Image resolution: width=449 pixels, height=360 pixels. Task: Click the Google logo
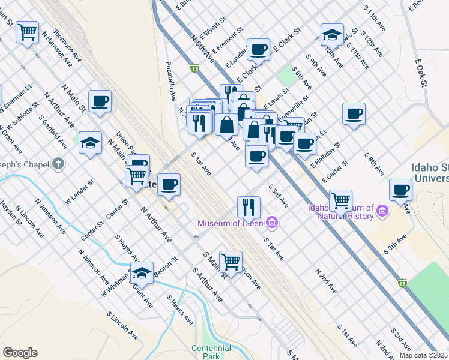pos(20,353)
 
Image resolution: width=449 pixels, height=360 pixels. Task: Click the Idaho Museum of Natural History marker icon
pos(382,212)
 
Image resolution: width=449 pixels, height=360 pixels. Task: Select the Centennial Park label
pos(211,352)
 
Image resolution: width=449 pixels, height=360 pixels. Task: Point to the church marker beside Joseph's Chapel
pos(58,163)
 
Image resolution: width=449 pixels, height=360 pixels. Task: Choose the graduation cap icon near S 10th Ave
pos(331,34)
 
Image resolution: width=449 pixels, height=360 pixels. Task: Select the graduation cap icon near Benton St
pos(142,272)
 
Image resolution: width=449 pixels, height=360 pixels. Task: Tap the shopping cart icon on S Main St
pos(231,261)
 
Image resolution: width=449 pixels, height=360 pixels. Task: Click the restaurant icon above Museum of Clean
pos(248,207)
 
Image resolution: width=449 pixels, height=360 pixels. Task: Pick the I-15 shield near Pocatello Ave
pos(194,69)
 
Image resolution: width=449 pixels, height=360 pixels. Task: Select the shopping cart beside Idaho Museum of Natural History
pos(340,200)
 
